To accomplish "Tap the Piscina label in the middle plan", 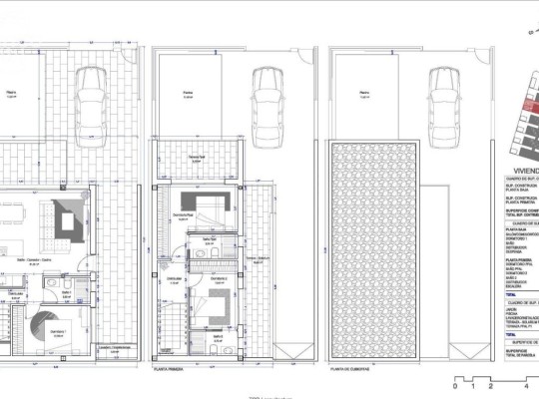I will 187,94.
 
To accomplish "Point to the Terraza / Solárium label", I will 259,257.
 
